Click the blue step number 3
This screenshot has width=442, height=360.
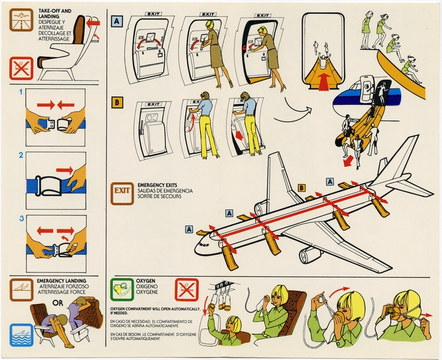coord(21,220)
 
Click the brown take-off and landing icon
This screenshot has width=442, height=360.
coord(22,22)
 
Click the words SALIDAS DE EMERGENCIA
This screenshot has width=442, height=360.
coord(165,190)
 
